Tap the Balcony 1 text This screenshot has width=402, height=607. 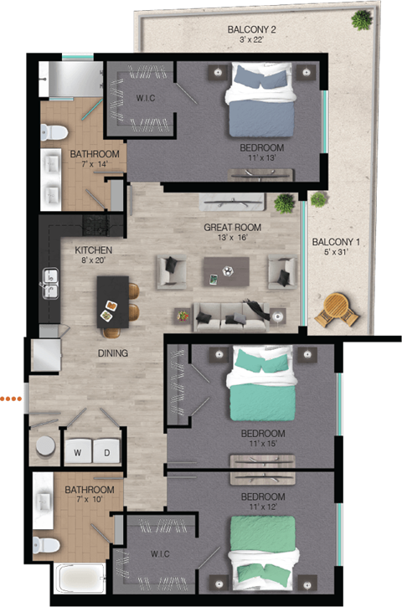coord(335,243)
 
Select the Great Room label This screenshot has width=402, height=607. coord(232,227)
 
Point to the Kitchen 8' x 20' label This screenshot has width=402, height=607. coord(93,255)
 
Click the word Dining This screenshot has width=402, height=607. coord(112,353)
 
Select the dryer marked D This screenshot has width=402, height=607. coord(106,453)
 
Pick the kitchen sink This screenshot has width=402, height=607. coord(49,281)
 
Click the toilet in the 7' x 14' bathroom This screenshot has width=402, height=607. coord(53,131)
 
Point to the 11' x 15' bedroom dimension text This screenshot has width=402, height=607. coord(262,444)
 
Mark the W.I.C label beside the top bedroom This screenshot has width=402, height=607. coord(146,99)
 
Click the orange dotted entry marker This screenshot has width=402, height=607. coord(10,399)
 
